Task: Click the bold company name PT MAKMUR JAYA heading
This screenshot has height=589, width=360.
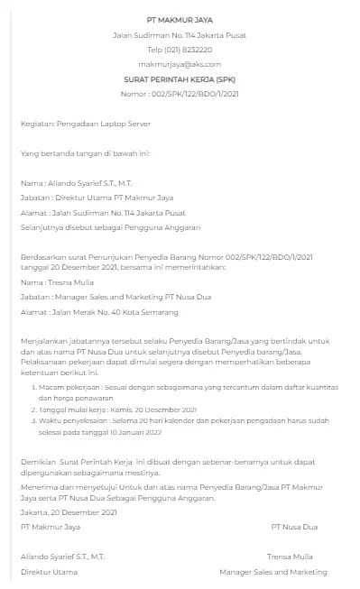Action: [x=179, y=19]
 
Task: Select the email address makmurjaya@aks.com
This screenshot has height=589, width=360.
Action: [x=179, y=65]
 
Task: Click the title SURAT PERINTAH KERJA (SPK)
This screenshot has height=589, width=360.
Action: [x=179, y=79]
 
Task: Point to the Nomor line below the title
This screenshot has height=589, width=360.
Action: [x=179, y=94]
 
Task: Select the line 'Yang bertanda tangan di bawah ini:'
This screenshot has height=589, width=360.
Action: [x=85, y=152]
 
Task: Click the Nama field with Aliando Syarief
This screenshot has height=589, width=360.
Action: [x=76, y=182]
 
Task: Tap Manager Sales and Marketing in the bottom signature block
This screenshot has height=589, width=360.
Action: [x=272, y=572]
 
